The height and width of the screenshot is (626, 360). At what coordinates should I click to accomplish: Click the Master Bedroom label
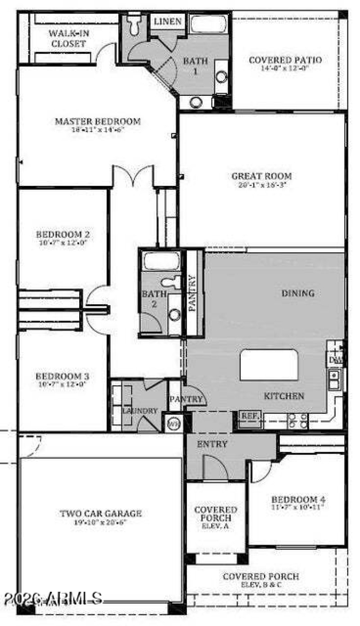click(98, 121)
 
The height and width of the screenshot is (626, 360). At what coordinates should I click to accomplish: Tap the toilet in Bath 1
click(134, 25)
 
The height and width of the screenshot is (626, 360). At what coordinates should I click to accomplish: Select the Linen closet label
click(168, 22)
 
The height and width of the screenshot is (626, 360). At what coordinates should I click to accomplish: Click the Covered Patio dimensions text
click(285, 68)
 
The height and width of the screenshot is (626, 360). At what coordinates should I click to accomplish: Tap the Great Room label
click(261, 176)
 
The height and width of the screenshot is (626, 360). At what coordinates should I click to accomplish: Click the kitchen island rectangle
click(269, 365)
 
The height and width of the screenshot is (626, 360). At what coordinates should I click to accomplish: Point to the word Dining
click(297, 293)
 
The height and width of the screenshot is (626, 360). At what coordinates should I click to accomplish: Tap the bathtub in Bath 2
click(161, 261)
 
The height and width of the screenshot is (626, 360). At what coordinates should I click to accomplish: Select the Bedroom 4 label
click(298, 499)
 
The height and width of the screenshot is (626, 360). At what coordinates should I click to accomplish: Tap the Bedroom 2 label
click(63, 234)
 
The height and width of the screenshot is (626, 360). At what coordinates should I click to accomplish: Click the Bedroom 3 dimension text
click(63, 384)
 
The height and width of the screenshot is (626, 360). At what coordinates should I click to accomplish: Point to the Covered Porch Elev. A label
click(216, 518)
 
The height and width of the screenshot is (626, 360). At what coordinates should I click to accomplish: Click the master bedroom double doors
click(134, 176)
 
